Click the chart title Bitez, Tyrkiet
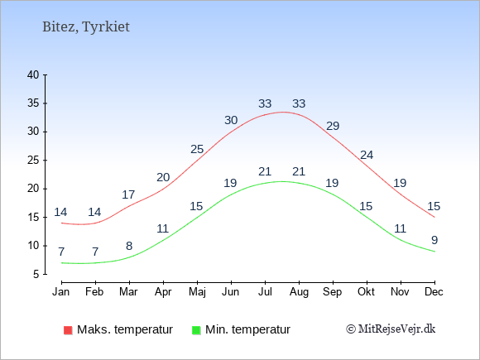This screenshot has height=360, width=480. (86, 27)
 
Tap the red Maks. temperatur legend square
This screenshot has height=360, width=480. (68, 330)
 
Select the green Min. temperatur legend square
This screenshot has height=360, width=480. (196, 330)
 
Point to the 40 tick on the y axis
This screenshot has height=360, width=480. (33, 74)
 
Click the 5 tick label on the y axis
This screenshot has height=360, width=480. (36, 274)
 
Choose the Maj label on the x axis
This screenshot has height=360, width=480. (197, 292)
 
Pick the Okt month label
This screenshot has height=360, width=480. (366, 292)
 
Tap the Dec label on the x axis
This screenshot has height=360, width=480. (434, 292)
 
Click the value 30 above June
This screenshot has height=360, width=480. (231, 120)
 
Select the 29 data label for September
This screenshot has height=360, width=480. (333, 126)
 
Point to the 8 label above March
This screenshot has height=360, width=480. (129, 246)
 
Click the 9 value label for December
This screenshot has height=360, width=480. (434, 240)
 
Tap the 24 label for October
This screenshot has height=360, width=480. (367, 156)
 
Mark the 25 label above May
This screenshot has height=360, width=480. (197, 150)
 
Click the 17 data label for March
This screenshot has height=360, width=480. (128, 194)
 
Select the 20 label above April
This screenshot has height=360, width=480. (163, 177)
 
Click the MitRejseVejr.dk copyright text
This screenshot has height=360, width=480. (391, 329)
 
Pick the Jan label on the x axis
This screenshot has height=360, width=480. (61, 292)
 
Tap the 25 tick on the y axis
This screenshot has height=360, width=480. (33, 160)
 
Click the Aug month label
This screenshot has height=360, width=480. (299, 292)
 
